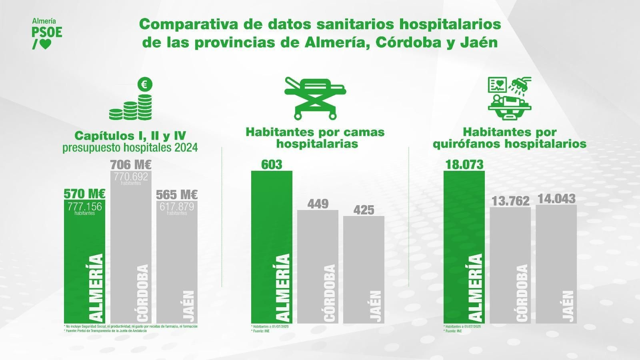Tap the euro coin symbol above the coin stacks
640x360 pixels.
pyautogui.click(x=145, y=85)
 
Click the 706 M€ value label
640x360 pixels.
pyautogui.click(x=131, y=164)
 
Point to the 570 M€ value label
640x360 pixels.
pyautogui.click(x=84, y=194)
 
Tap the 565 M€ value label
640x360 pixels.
pyautogui.click(x=177, y=195)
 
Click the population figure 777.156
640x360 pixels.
pyautogui.click(x=84, y=207)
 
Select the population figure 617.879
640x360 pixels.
pyautogui.click(x=177, y=207)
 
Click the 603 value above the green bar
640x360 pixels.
pyautogui.click(x=272, y=164)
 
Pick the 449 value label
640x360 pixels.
pyautogui.click(x=318, y=204)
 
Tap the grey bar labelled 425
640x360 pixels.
pyautogui.click(x=364, y=268)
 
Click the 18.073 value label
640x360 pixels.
pyautogui.click(x=464, y=164)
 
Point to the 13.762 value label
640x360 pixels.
pyautogui.click(x=510, y=201)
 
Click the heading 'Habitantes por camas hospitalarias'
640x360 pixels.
pyautogui.click(x=315, y=138)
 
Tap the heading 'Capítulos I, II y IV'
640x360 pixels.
pyautogui.click(x=130, y=135)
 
